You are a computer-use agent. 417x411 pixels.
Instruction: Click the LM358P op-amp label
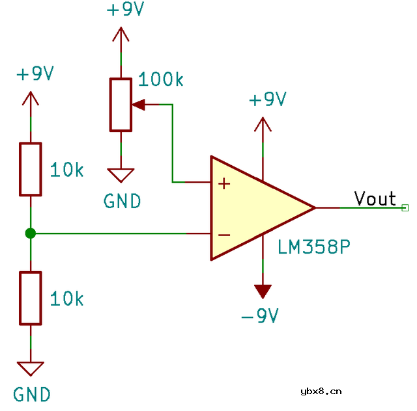[x=314, y=247]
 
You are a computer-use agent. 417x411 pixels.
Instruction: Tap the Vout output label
[x=375, y=198]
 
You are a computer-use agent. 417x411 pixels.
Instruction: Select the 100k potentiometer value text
[x=161, y=80]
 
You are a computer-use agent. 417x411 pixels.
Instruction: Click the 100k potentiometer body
[x=121, y=105]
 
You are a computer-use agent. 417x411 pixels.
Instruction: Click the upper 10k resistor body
[x=30, y=169]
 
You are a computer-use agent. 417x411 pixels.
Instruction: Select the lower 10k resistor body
[x=30, y=298]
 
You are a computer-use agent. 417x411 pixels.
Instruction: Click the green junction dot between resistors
[x=30, y=233]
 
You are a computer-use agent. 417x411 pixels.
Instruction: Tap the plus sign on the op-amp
[x=224, y=184]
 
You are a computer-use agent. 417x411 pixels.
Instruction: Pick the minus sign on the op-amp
[x=224, y=234]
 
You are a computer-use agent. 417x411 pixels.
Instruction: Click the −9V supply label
[x=259, y=317]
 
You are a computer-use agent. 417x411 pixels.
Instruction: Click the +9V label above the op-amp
[x=268, y=100]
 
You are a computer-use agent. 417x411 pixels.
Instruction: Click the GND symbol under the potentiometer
[x=121, y=175]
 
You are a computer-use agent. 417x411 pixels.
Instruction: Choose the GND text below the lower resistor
[x=32, y=394]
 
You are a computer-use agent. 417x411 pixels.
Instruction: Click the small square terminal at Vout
[x=405, y=207]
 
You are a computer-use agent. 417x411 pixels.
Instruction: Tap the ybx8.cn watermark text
[x=321, y=391]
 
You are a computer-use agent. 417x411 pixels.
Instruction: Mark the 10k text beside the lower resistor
[x=67, y=299]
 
